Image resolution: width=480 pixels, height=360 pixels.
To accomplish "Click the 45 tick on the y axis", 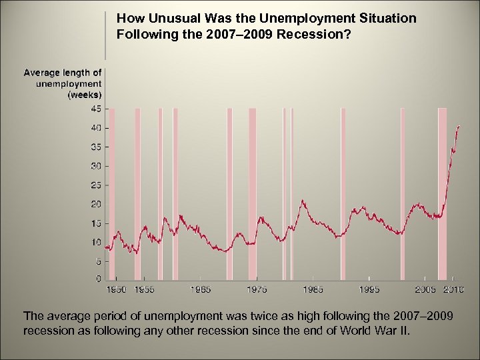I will click(x=96, y=109).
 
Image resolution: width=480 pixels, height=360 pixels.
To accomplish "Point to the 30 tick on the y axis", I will click(x=96, y=165).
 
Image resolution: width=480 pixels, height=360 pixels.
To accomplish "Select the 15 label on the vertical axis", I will click(x=96, y=223).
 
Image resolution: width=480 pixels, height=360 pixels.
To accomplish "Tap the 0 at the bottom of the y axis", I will click(x=99, y=279).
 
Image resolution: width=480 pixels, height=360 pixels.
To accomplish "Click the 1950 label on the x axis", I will click(x=117, y=289).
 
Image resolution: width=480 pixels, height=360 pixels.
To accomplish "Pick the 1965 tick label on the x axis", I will click(x=201, y=289).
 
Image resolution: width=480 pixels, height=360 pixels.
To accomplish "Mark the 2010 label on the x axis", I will click(x=453, y=289).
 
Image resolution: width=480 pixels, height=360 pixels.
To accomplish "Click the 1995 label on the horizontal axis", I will click(x=369, y=289).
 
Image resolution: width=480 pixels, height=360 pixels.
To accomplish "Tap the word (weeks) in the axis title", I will click(x=85, y=95).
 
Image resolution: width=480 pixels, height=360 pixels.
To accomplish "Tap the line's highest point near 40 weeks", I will click(x=458, y=126).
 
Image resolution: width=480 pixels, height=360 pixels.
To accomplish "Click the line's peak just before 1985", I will click(x=303, y=200).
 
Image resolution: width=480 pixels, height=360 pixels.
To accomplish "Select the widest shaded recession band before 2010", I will click(x=442, y=193).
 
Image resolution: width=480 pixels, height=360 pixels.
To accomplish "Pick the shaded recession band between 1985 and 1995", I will click(x=343, y=193).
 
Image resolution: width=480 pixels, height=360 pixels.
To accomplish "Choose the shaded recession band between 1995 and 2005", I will click(x=402, y=193).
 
